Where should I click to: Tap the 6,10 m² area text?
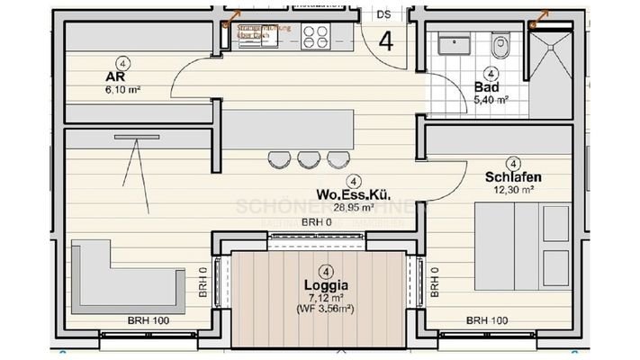click(x=124, y=90)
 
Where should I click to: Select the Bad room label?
click(x=486, y=87)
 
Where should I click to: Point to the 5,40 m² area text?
click(x=492, y=100)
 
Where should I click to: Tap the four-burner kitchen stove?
click(x=315, y=37)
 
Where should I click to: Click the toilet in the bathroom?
click(x=501, y=41)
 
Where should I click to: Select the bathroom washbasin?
click(x=455, y=42)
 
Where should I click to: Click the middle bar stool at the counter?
click(x=308, y=160)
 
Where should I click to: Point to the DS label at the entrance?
click(x=383, y=13)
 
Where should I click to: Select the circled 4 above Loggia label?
click(x=326, y=269)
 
